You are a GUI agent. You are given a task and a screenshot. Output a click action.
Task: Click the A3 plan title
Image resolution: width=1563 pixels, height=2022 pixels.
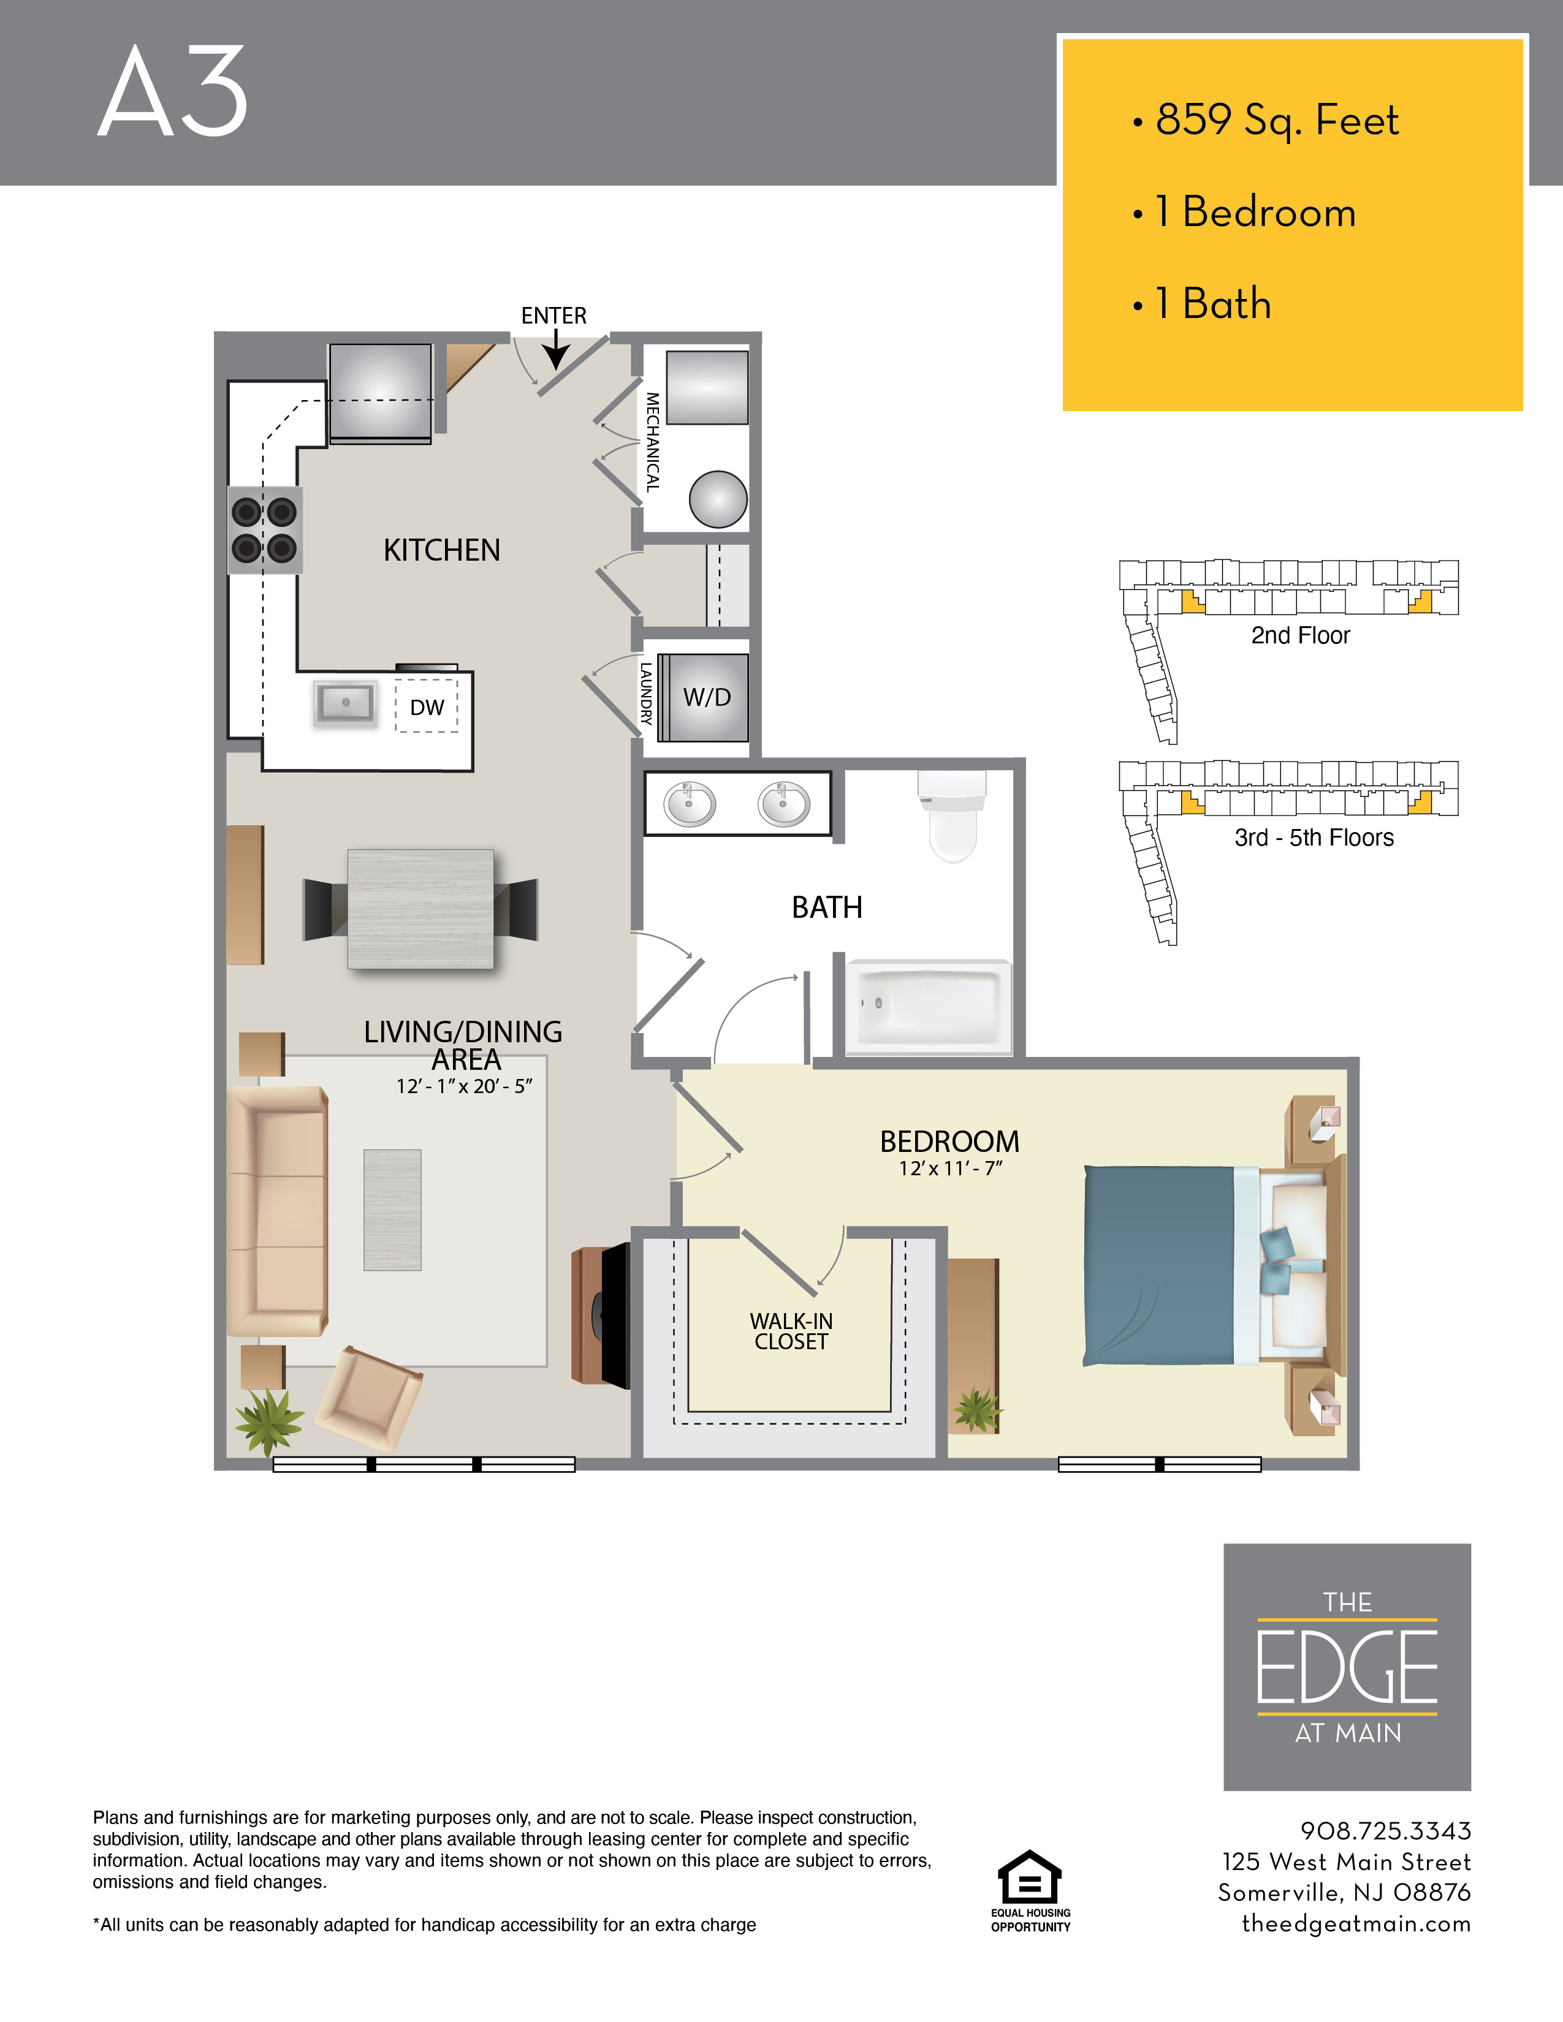(173, 93)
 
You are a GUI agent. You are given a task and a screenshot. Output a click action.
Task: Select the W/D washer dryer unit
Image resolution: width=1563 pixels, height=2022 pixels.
(707, 697)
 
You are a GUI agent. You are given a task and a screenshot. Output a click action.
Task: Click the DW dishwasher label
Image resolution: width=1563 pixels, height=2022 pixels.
(427, 707)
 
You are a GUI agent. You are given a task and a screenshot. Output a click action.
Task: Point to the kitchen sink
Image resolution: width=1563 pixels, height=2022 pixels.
(345, 703)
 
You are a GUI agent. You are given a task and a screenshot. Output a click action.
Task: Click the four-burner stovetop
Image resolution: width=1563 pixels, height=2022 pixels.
(265, 529)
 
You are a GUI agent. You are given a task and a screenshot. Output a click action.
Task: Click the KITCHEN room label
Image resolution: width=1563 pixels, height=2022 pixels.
(442, 550)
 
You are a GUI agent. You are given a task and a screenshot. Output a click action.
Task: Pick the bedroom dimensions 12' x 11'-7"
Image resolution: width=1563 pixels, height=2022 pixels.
(950, 1168)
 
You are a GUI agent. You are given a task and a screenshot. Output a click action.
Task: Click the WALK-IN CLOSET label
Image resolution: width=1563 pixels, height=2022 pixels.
(791, 1331)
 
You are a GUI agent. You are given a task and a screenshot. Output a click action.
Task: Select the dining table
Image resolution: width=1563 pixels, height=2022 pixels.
(420, 908)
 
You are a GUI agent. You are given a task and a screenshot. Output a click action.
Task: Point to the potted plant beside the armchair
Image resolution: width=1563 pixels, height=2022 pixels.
(268, 1421)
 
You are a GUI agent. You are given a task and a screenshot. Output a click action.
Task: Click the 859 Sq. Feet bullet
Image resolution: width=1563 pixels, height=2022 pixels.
(1276, 120)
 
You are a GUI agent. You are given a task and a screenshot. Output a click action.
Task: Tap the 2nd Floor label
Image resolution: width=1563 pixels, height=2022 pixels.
(1300, 635)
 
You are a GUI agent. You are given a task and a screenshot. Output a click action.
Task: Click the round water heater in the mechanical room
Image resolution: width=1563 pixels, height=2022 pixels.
(718, 499)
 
